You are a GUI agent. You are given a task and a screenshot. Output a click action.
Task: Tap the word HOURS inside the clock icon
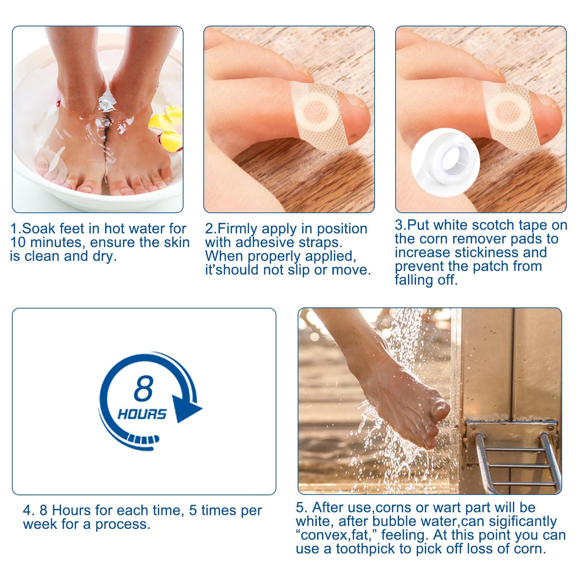click(x=142, y=414)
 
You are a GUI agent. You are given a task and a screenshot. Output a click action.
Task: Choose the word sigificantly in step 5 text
click(x=517, y=521)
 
